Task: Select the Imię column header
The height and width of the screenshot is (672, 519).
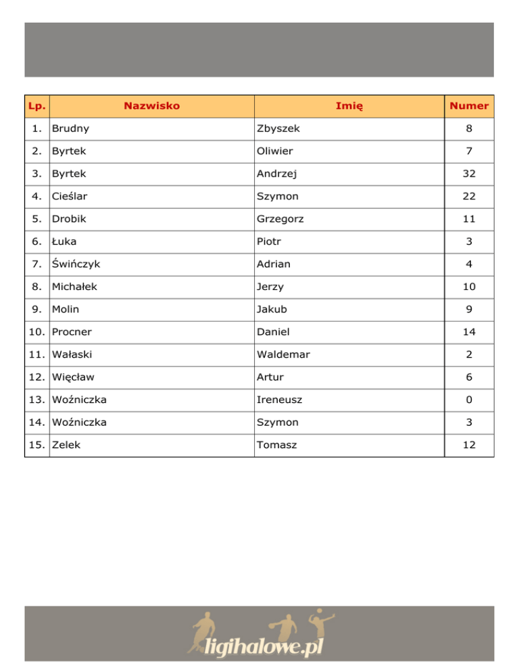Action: tap(349, 106)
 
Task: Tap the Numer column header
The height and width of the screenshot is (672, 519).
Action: tap(469, 106)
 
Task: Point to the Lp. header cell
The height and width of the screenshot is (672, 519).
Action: tap(38, 106)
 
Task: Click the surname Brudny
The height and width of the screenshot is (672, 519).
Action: tap(70, 128)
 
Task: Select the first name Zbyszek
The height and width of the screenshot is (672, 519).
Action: tap(278, 128)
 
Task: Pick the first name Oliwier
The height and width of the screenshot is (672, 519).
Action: tap(275, 151)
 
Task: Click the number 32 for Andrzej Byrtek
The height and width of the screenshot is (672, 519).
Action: tap(469, 174)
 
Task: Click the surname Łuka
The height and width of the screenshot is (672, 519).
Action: tap(65, 241)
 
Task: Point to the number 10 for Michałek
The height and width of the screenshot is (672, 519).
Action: tap(469, 287)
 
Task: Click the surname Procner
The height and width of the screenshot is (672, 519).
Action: tap(72, 332)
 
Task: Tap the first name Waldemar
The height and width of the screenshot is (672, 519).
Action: tap(282, 355)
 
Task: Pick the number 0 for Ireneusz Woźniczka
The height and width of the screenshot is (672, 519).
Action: tap(469, 400)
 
